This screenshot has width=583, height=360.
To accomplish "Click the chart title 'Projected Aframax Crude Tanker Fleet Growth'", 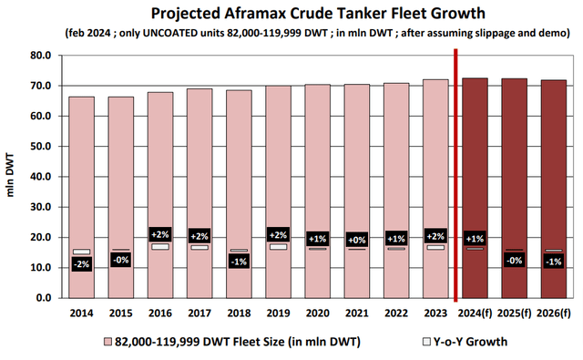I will click(291, 13).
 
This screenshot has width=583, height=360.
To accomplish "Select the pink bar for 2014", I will click(81, 182).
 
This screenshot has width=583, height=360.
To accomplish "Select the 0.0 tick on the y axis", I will click(43, 298).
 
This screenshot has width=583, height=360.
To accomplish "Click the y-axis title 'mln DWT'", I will click(12, 177).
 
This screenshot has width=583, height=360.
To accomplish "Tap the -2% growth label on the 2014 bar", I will click(81, 264).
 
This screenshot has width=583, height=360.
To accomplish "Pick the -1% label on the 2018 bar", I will click(238, 262).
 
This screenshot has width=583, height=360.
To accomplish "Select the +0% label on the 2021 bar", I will click(356, 239).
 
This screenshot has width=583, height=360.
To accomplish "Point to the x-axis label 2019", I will click(278, 312).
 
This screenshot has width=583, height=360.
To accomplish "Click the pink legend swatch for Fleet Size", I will click(107, 342).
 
